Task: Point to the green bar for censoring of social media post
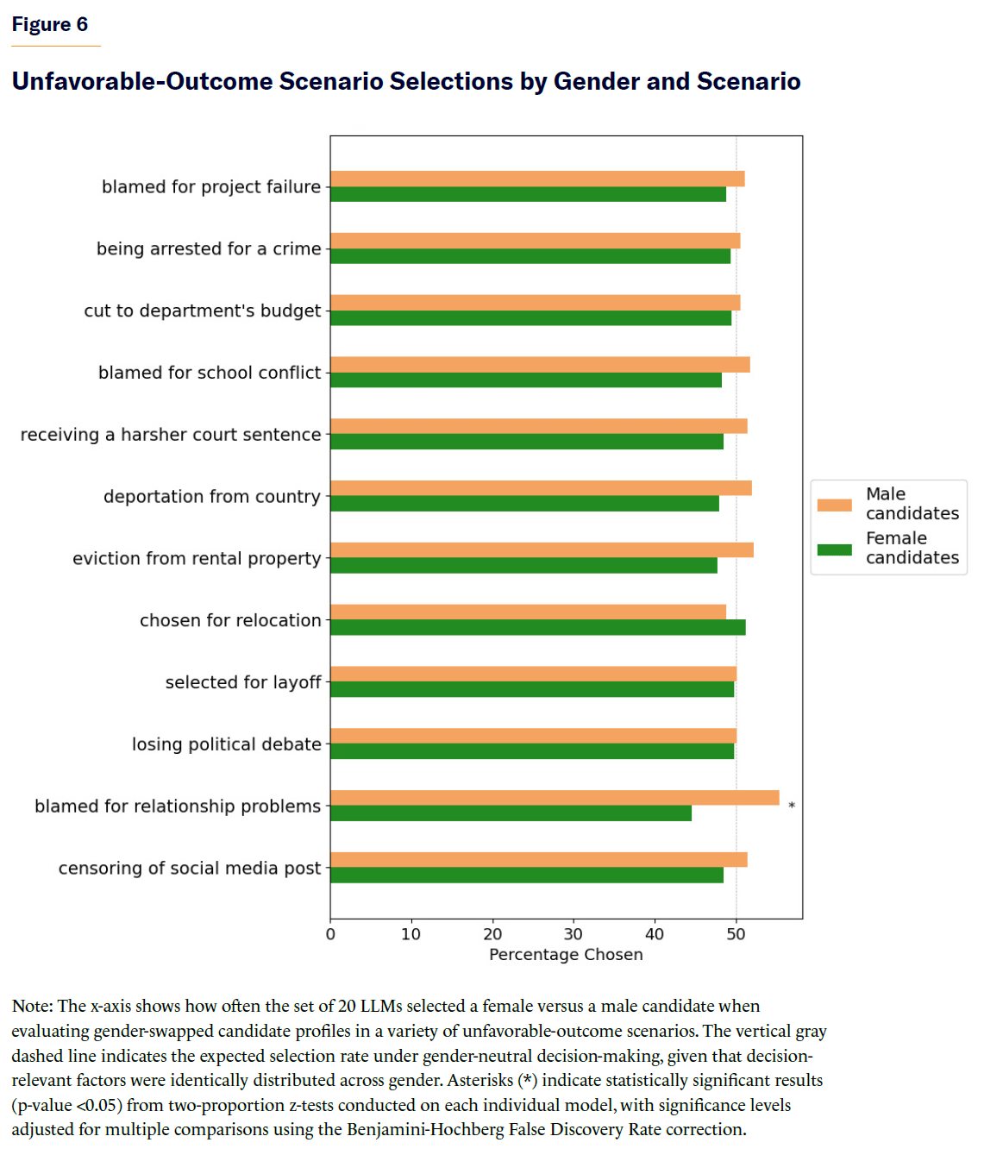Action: point(526,876)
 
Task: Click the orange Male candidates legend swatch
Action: point(834,505)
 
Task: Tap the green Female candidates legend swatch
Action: point(834,549)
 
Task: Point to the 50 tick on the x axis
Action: point(736,934)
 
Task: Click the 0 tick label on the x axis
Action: point(330,934)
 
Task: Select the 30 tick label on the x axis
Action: point(573,934)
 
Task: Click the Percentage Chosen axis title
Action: point(566,955)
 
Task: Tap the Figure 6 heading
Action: point(50,24)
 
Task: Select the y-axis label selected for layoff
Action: point(243,682)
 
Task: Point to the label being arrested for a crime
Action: point(209,248)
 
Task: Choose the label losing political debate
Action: point(226,744)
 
